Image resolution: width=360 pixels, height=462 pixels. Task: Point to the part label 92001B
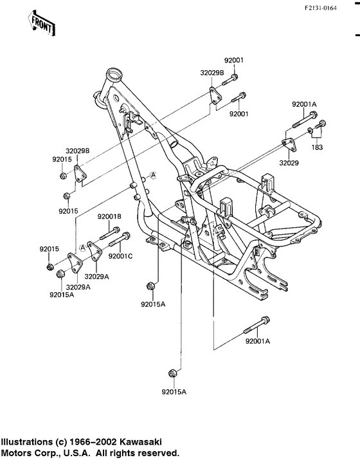coord(110,216)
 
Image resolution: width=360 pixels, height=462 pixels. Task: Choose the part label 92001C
coord(120,256)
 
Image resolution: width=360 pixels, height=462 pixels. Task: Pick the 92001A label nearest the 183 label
coord(304,104)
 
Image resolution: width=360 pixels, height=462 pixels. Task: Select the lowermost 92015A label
coord(174,391)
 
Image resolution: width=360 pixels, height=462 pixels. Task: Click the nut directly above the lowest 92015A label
coord(172,373)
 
